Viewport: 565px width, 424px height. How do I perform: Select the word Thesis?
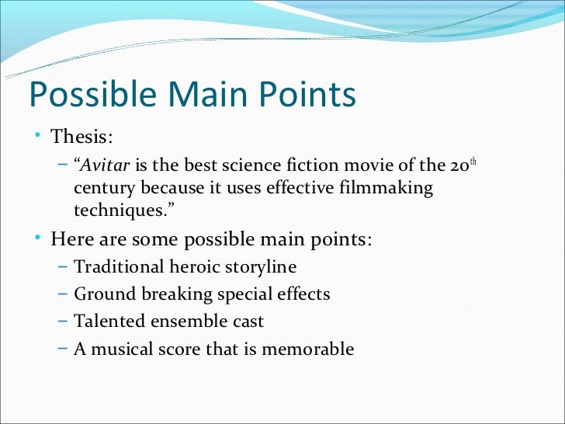(81, 138)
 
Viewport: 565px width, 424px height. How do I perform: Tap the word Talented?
(105, 321)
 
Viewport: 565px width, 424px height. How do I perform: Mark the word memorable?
(308, 349)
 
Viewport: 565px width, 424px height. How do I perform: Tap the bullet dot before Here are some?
(38, 238)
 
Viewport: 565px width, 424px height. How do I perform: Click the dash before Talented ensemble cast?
(63, 321)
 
